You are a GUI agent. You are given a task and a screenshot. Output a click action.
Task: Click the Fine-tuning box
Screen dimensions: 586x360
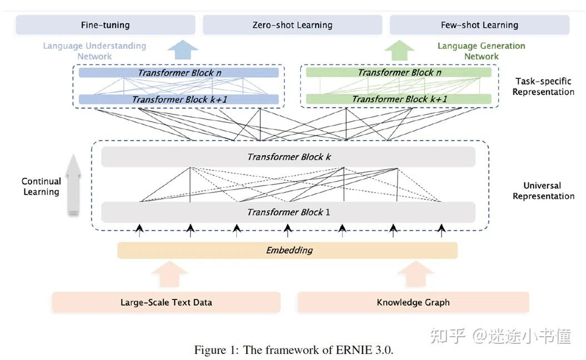[106, 25]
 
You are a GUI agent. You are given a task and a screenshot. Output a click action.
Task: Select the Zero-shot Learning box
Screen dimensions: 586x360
[292, 25]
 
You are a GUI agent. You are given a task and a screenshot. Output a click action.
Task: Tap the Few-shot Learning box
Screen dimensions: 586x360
[479, 25]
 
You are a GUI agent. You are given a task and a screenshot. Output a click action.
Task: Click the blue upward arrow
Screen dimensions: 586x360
[182, 50]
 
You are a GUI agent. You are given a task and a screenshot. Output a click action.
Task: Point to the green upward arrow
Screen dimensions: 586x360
[399, 50]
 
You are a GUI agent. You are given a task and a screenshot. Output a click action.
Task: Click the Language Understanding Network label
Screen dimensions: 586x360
[95, 51]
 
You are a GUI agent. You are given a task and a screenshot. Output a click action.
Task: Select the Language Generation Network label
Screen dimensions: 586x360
[481, 51]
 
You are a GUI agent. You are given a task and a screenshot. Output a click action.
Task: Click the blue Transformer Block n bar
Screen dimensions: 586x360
[178, 72]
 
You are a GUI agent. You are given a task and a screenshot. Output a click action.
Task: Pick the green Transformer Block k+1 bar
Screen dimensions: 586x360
[399, 99]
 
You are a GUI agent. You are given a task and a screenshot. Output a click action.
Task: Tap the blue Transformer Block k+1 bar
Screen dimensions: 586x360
[178, 99]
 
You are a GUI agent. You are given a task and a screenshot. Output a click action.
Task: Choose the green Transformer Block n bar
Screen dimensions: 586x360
[399, 72]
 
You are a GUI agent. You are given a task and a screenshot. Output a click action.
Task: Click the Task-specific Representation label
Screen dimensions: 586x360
[543, 87]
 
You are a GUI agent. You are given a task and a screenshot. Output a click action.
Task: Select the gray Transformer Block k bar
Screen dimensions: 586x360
[288, 157]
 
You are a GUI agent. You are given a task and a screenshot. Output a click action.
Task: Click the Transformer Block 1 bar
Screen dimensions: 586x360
[288, 212]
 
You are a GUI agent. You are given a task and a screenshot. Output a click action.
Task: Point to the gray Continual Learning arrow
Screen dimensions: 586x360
[73, 185]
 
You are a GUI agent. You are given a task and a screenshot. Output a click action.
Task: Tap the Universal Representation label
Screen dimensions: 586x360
[543, 191]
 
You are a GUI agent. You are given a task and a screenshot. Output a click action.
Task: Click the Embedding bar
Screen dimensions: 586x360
[287, 250]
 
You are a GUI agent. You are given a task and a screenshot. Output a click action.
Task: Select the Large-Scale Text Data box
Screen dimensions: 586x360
[166, 302]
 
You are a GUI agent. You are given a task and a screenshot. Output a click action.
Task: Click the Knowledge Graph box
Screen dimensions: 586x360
[413, 302]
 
